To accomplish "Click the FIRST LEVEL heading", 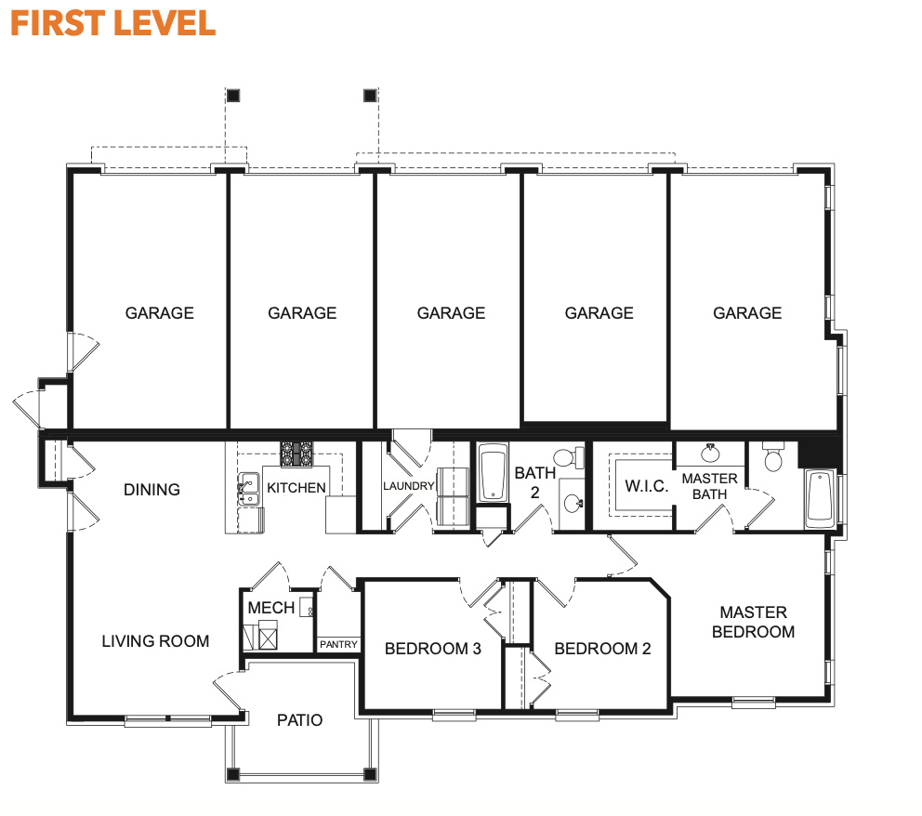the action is point(112,23).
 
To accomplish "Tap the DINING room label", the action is point(151,490).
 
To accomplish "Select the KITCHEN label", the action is point(296,488).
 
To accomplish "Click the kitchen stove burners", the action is point(296,454).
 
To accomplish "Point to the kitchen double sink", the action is point(249,489).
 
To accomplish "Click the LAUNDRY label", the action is point(409,486).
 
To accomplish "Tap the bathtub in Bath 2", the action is point(493,473).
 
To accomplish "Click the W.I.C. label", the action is point(647,486).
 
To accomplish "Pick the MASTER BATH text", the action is point(710,486).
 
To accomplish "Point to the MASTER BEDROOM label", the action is point(753,622).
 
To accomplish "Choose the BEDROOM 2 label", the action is point(602,649).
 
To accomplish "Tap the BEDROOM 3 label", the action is point(433,649).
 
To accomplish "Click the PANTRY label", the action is point(338,644).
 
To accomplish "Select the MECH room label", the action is point(271,608).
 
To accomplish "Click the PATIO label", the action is point(300,720).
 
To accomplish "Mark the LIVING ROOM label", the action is point(155,640).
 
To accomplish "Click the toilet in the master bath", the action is point(773,457).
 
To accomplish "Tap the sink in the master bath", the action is point(710,453).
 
